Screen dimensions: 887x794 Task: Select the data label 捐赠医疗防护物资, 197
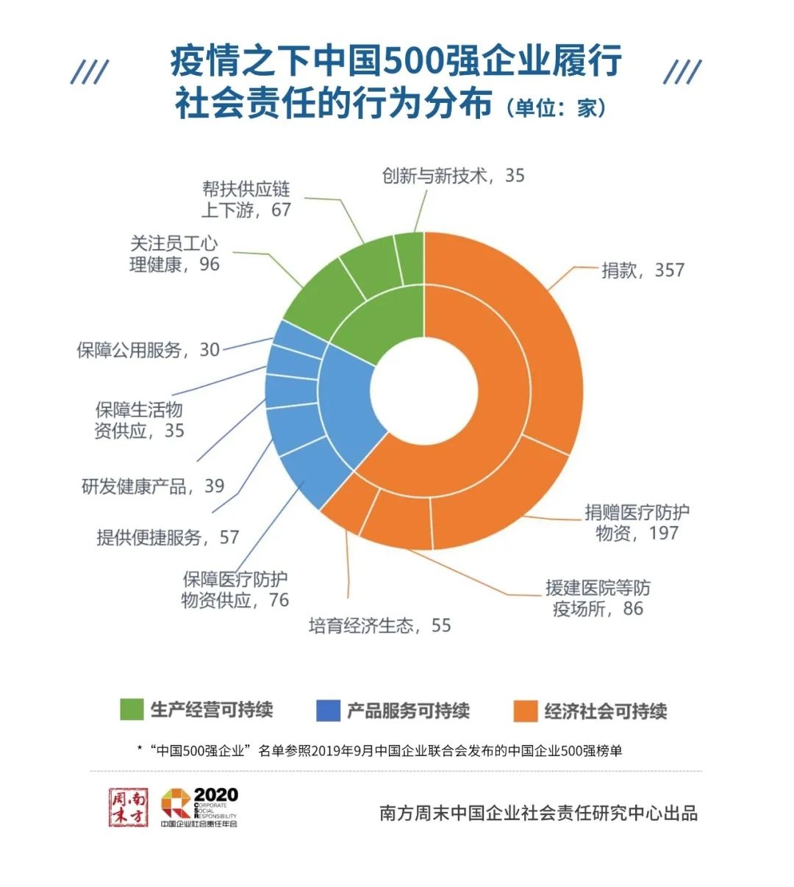pos(637,522)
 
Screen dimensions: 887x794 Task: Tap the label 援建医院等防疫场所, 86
pos(597,598)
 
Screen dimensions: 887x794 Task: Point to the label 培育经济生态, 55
pos(379,625)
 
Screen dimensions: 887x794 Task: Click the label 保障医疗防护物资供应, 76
pos(235,589)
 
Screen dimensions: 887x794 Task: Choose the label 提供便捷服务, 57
pos(168,537)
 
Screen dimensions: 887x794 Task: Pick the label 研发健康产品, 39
pos(153,486)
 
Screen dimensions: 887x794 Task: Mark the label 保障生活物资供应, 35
pos(139,420)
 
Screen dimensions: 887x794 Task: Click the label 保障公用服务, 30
pos(149,350)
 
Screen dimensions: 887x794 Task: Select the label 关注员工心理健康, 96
pos(174,254)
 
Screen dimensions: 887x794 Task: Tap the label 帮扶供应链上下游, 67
pos(246,199)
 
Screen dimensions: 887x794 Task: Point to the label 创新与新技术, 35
pos(453,176)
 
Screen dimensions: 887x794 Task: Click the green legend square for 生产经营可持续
pos(132,710)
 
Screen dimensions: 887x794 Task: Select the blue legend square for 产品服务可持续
pos(328,711)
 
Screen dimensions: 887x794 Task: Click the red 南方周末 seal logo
pos(129,807)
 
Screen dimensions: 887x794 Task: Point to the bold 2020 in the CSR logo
pos(215,794)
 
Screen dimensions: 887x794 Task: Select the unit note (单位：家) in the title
pos(556,107)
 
